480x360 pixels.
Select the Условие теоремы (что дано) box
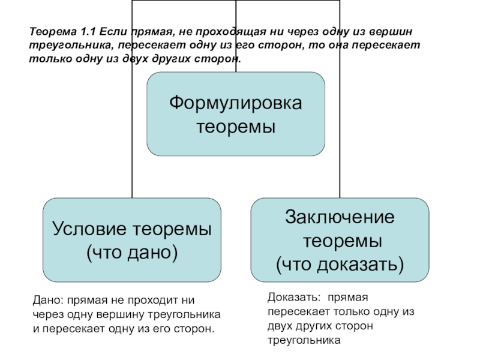tap(132, 240)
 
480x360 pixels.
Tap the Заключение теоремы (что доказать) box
tap(340, 240)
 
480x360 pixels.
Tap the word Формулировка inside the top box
tap(236, 103)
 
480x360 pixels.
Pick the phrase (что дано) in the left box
tap(132, 253)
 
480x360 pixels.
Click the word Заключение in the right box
tap(340, 217)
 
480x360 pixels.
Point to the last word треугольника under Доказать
tap(304, 340)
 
